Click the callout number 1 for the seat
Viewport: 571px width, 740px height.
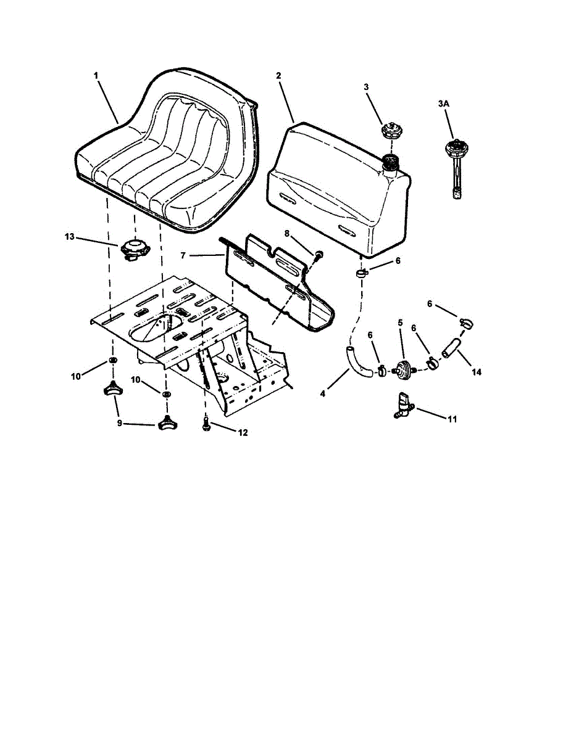tap(96, 75)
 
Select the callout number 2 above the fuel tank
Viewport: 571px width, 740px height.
tap(278, 75)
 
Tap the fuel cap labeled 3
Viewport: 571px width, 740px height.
tap(391, 131)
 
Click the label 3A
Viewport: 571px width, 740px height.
tap(443, 105)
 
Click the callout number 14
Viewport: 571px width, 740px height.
tap(476, 372)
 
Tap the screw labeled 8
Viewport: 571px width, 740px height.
tap(319, 254)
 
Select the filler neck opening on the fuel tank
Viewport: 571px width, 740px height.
tap(390, 162)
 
